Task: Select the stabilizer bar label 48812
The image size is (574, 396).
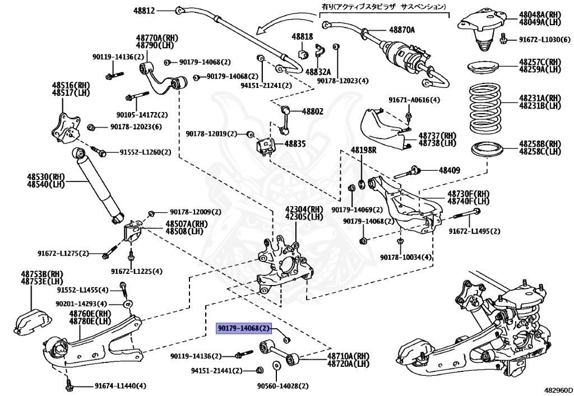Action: (144, 11)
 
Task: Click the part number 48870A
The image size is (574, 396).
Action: (402, 30)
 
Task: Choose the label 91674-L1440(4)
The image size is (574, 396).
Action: (120, 386)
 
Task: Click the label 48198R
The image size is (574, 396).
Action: (364, 150)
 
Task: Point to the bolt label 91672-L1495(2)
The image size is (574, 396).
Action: (474, 231)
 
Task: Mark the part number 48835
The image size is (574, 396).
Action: (294, 144)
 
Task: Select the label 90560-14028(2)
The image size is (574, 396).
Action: (283, 386)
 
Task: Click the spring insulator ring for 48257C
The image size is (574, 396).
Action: (486, 68)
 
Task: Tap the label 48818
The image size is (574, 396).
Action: (302, 36)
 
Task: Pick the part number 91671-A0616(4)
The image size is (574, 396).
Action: (414, 100)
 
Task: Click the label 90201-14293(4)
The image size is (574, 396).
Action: (81, 303)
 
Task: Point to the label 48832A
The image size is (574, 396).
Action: (318, 72)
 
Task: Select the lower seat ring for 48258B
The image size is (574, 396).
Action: (487, 150)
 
